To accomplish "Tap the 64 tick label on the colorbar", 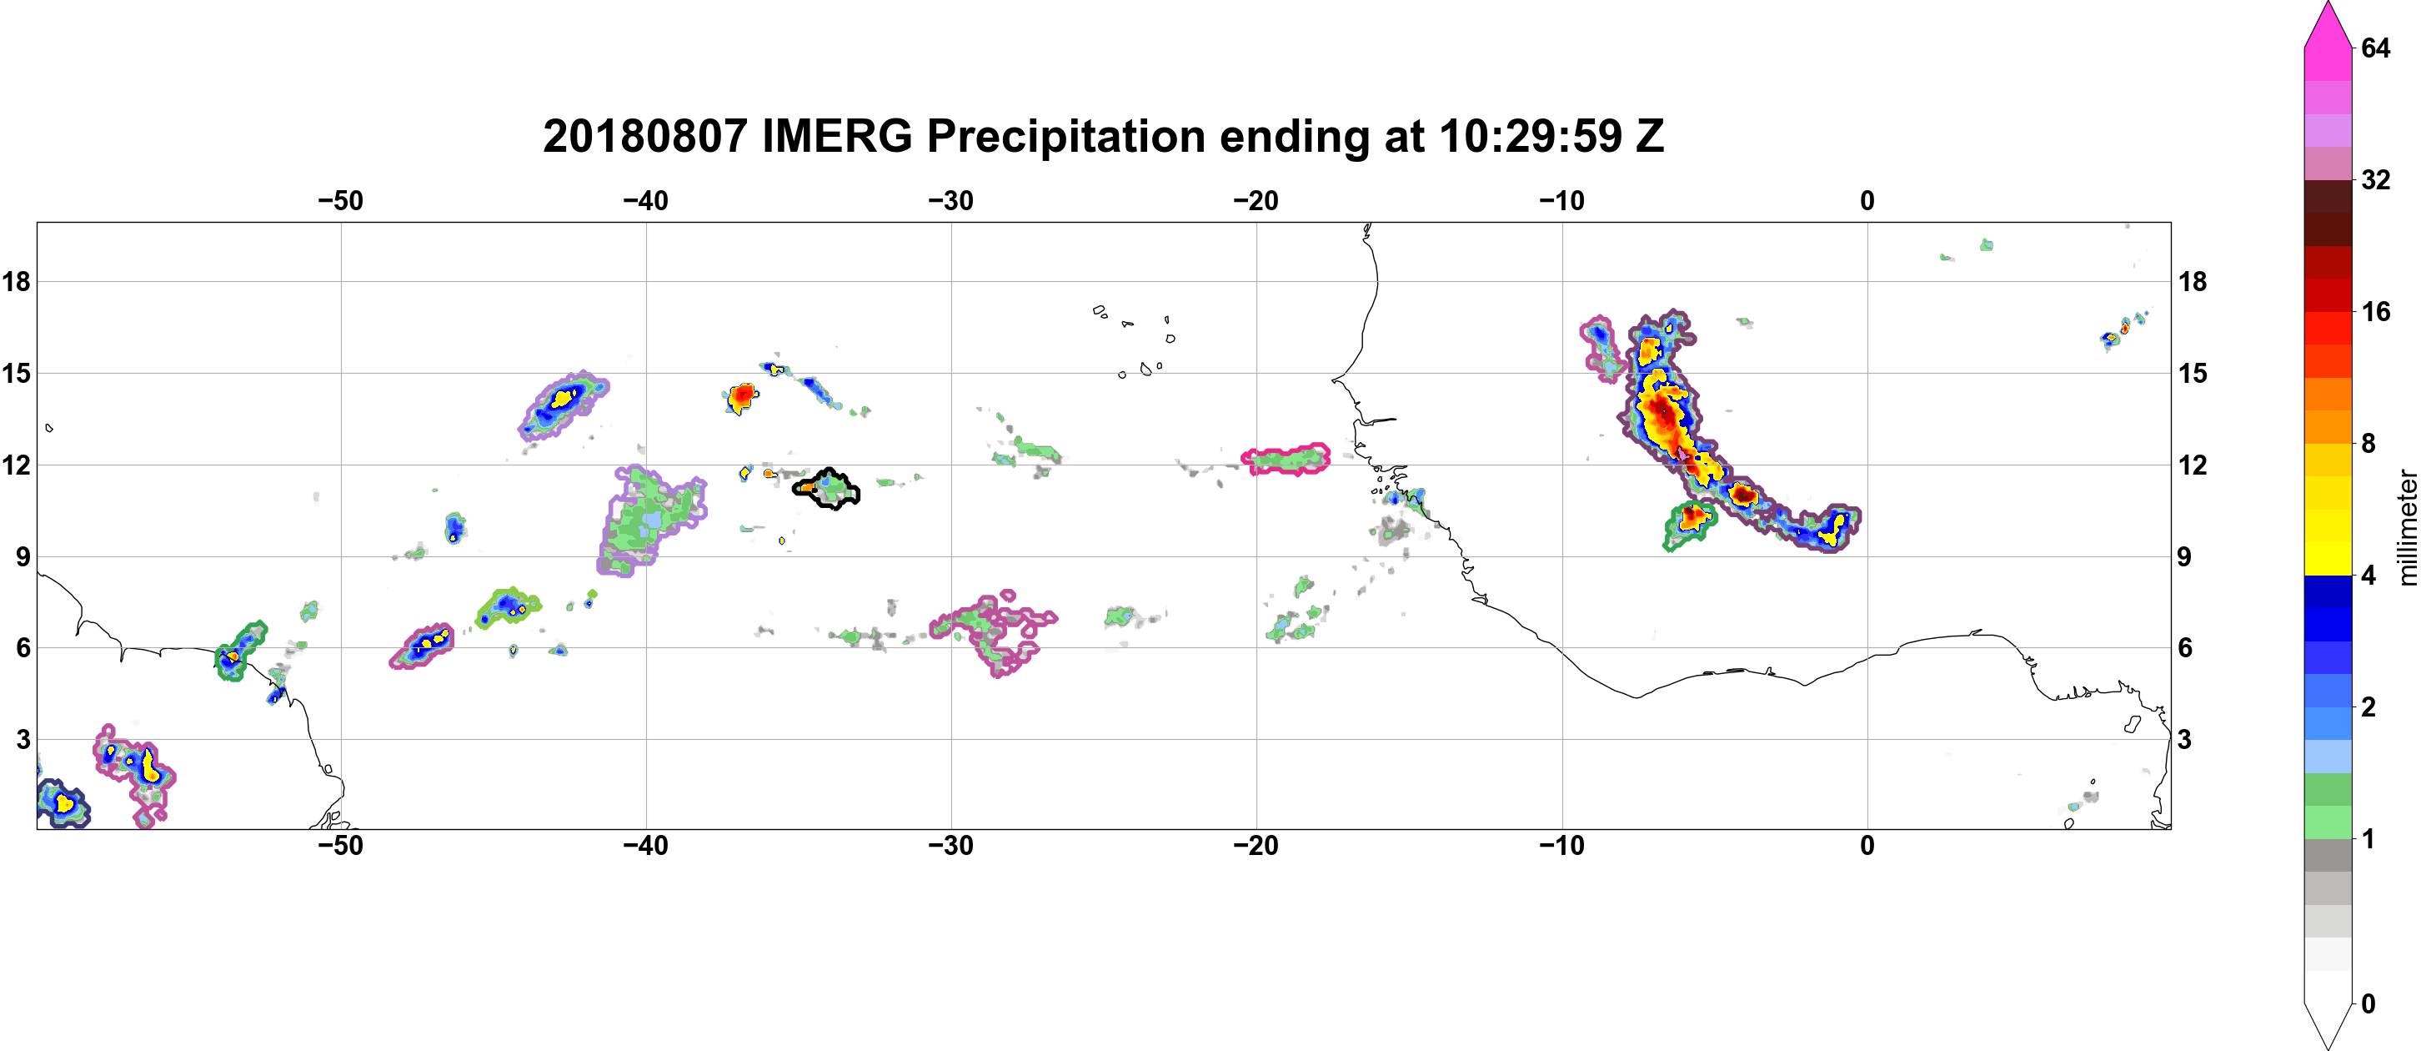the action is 2376,48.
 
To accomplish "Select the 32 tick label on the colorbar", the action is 2376,179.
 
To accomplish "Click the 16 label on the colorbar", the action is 2376,312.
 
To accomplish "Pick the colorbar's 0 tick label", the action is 2368,1004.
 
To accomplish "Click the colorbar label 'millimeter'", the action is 2407,527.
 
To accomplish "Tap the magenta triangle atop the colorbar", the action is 2328,23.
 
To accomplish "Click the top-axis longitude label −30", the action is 951,200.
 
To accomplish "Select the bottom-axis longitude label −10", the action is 1562,845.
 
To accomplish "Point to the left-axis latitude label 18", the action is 16,281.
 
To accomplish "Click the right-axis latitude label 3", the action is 2185,740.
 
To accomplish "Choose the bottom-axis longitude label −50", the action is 340,845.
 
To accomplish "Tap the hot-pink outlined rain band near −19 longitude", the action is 1286,459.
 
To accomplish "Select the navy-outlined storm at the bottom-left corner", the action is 62,802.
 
